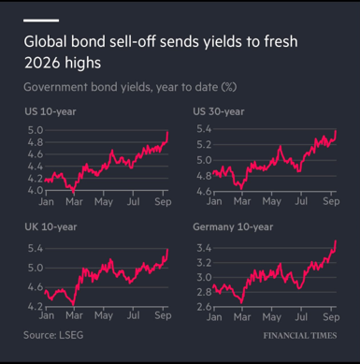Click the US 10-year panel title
click(x=50, y=111)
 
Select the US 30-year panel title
click(x=219, y=111)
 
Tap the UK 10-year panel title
click(x=50, y=226)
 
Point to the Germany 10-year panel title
click(x=233, y=226)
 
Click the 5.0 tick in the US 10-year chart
click(x=36, y=130)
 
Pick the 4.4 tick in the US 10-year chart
click(x=36, y=167)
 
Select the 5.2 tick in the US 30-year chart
click(x=204, y=145)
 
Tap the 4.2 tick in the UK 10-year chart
click(x=36, y=306)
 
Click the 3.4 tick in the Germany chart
click(x=204, y=248)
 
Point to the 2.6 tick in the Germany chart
click(x=204, y=307)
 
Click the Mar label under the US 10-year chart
click(x=74, y=202)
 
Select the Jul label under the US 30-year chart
click(x=301, y=201)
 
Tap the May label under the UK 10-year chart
click(x=104, y=316)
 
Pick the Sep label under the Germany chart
click(x=331, y=317)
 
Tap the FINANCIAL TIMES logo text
click(x=300, y=336)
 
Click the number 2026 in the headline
click(x=42, y=63)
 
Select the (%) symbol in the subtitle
click(x=229, y=87)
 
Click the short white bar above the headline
click(x=41, y=21)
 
